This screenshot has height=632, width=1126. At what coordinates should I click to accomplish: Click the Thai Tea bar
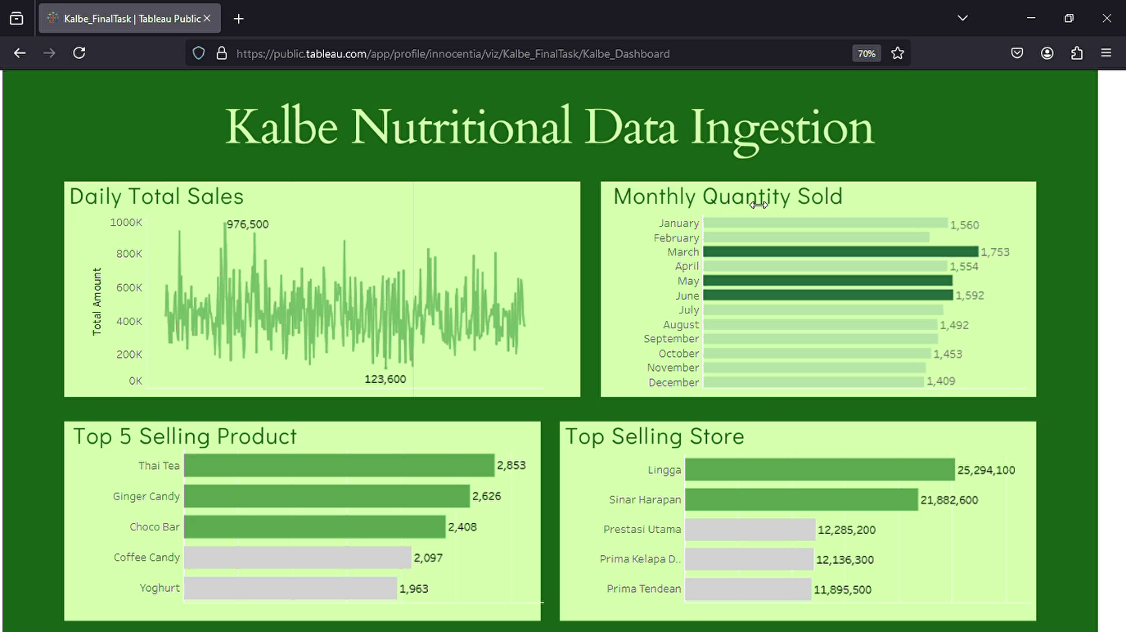[x=339, y=465]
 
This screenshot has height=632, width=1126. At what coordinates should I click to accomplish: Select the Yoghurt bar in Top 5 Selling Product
[x=290, y=588]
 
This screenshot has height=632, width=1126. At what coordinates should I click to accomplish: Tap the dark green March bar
[x=840, y=252]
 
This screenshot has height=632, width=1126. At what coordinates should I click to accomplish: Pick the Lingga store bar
[x=819, y=470]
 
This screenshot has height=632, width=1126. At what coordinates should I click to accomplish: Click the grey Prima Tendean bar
[x=747, y=589]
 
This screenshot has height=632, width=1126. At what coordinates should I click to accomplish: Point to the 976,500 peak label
[x=247, y=224]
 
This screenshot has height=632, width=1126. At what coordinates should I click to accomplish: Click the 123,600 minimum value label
[x=385, y=379]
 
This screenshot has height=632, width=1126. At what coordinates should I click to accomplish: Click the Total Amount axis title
[x=97, y=301]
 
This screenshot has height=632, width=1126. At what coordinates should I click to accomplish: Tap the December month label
[x=673, y=382]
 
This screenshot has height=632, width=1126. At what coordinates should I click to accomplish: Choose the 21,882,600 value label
[x=949, y=500]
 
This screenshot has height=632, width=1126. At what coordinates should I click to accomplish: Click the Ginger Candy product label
[x=146, y=496]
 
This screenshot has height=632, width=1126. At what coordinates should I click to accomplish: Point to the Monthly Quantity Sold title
[x=727, y=196]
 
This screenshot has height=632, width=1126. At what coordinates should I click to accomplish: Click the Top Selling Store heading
[x=655, y=436]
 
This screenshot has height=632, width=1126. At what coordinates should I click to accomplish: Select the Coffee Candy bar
[x=297, y=558]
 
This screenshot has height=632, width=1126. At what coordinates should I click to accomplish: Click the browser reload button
[x=79, y=53]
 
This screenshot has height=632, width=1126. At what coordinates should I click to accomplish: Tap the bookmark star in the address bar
[x=898, y=53]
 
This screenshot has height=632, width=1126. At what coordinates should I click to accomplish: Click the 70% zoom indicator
[x=866, y=53]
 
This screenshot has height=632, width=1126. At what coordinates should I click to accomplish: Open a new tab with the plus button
[x=239, y=18]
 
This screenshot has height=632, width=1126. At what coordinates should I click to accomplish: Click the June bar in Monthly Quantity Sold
[x=827, y=296]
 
